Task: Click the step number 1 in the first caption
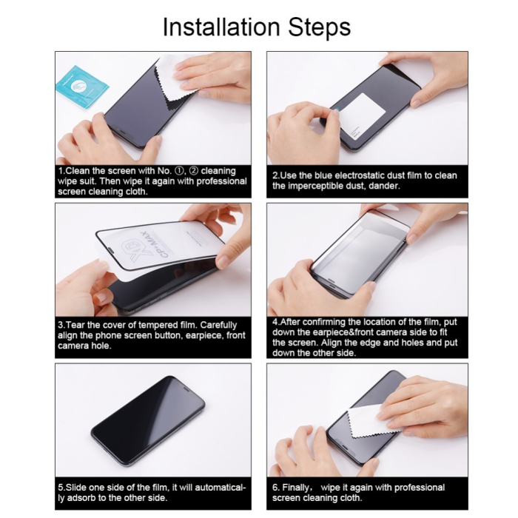click(61, 171)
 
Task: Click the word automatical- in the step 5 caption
click(215, 488)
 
